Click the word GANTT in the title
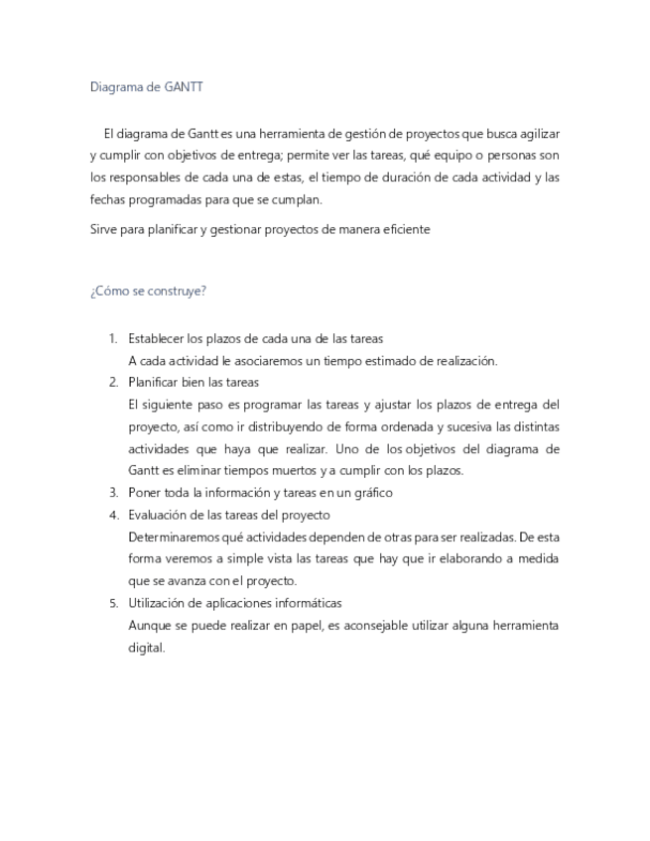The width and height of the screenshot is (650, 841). click(185, 87)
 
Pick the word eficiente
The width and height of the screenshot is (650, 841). click(406, 229)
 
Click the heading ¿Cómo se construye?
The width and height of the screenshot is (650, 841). click(148, 291)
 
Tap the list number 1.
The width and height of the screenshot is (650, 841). click(113, 338)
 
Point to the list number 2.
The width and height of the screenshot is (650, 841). click(113, 382)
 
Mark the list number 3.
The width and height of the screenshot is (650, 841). click(113, 492)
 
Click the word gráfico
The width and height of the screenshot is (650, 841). click(371, 492)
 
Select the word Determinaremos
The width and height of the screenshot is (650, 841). click(175, 537)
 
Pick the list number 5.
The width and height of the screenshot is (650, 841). click(113, 603)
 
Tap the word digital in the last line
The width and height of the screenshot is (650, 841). click(146, 648)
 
